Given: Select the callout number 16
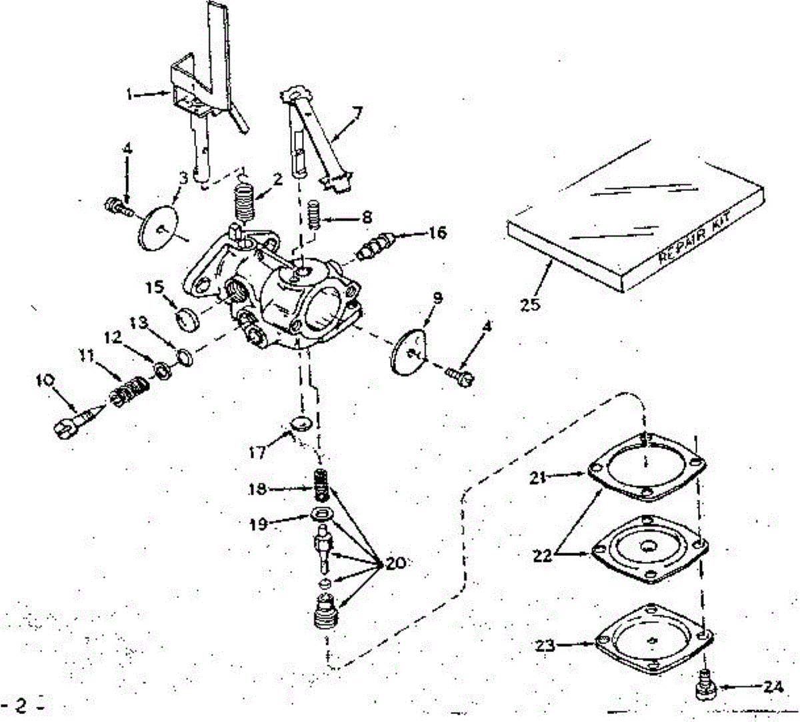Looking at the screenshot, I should click(x=437, y=233).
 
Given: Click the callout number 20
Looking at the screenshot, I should click(x=395, y=565).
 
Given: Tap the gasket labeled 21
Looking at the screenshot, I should click(x=646, y=468).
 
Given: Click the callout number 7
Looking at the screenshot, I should click(x=359, y=113).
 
